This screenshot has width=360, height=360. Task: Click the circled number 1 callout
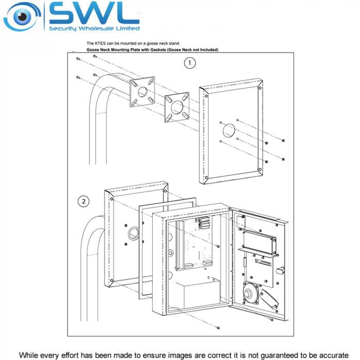pyautogui.click(x=190, y=63)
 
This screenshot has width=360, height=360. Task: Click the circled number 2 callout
pyautogui.click(x=83, y=202)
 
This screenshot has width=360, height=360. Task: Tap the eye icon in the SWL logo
pyautogui.click(x=22, y=16)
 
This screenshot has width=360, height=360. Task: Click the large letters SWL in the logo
pyautogui.click(x=94, y=13)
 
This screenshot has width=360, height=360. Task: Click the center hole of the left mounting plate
pyautogui.click(x=142, y=92)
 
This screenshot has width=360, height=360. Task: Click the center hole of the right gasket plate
pyautogui.click(x=177, y=107)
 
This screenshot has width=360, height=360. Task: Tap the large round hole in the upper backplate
pyautogui.click(x=229, y=130)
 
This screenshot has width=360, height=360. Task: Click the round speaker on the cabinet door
pyautogui.click(x=250, y=294)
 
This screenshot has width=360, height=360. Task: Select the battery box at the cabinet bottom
pyautogui.click(x=198, y=294)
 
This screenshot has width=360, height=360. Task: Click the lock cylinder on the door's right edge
pyautogui.click(x=281, y=270)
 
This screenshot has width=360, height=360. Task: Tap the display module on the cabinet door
pyautogui.click(x=259, y=243)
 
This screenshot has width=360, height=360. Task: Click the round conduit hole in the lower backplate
pyautogui.click(x=134, y=233)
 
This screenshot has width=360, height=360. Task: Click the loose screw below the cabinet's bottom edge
pyautogui.click(x=218, y=328)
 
